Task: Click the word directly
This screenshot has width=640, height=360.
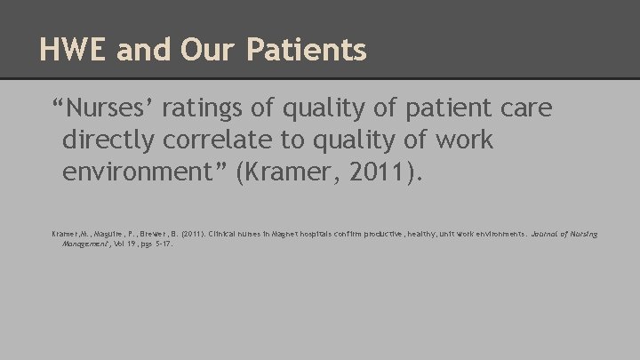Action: coord(115,140)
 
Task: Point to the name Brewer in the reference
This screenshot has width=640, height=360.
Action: coord(155,234)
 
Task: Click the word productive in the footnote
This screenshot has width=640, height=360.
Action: coord(397,234)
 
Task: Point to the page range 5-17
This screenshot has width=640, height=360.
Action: coord(161,244)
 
